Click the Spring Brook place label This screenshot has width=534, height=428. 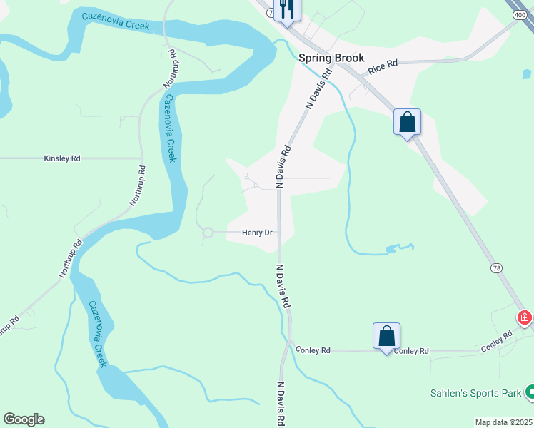tap(331, 58)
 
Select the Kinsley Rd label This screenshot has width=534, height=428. tap(62, 158)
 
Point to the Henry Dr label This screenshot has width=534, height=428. tap(258, 233)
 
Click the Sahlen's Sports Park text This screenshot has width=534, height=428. tap(475, 393)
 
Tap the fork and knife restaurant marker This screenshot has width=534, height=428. tap(287, 9)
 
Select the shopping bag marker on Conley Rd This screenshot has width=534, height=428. tap(386, 335)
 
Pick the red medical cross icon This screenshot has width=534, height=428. tap(525, 317)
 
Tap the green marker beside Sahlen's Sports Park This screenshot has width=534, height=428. tap(530, 392)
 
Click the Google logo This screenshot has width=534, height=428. tap(24, 419)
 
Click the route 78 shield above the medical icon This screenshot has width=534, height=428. tap(496, 268)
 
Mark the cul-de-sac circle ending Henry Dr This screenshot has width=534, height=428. tap(208, 233)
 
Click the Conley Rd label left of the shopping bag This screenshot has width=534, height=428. tap(315, 350)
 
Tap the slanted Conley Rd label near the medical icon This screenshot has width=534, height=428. tap(497, 342)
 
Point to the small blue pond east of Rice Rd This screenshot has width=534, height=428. tap(526, 73)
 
